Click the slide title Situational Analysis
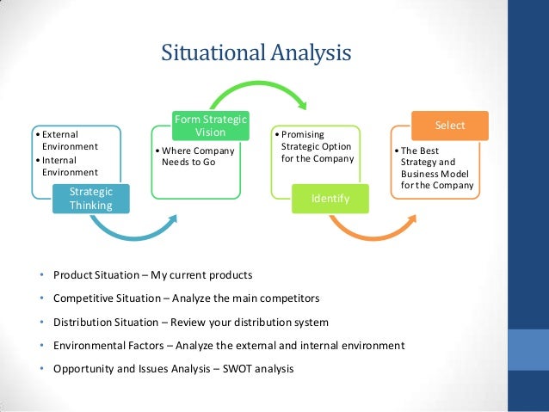[256, 52]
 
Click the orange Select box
[449, 126]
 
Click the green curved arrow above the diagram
[258, 86]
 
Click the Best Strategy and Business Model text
[435, 168]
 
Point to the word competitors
[288, 298]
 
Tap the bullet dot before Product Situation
[40, 275]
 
